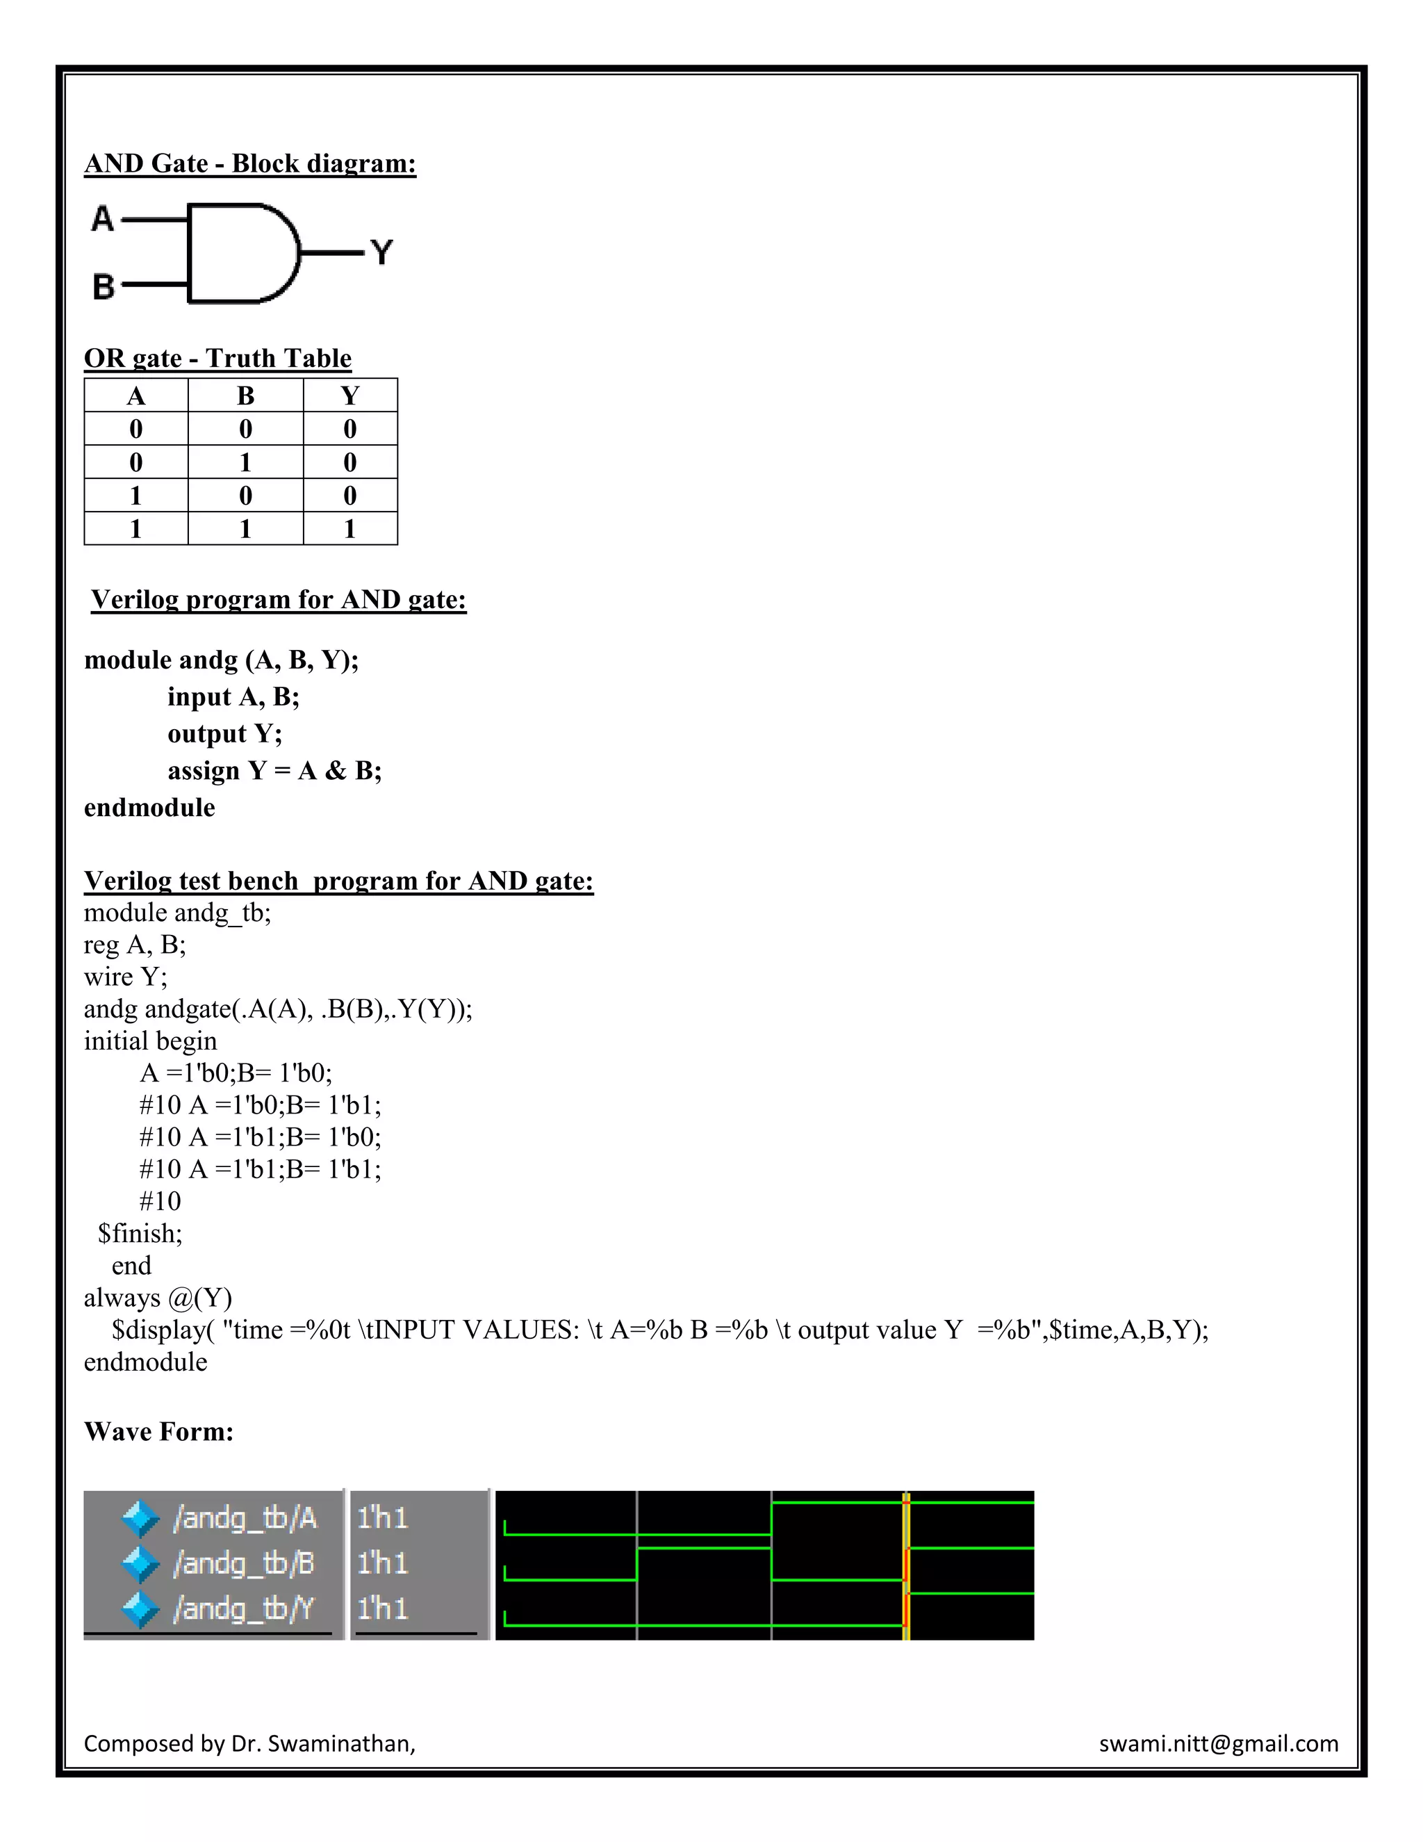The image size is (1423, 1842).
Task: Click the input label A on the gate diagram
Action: (102, 219)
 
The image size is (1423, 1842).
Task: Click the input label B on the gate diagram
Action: (103, 287)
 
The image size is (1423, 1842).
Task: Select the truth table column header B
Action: (245, 396)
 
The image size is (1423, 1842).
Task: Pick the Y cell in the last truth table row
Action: (350, 529)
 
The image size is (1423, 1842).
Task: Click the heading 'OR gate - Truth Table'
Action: (217, 359)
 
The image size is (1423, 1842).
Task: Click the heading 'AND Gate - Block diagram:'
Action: (249, 163)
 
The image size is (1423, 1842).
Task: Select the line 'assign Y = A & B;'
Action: (274, 771)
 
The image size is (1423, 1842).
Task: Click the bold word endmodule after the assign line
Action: (149, 808)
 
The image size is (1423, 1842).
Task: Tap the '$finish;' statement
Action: (140, 1234)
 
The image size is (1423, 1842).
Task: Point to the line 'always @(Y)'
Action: (158, 1298)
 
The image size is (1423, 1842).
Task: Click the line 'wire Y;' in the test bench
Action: (126, 977)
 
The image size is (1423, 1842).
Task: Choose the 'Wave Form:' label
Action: (158, 1431)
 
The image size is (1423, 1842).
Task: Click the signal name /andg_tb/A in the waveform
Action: (245, 1518)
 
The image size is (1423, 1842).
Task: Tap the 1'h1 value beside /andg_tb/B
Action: (382, 1564)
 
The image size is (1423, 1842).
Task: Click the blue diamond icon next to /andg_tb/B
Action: (140, 1565)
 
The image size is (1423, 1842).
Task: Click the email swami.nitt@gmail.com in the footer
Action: (1218, 1743)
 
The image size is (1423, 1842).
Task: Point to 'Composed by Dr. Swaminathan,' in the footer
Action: (249, 1743)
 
